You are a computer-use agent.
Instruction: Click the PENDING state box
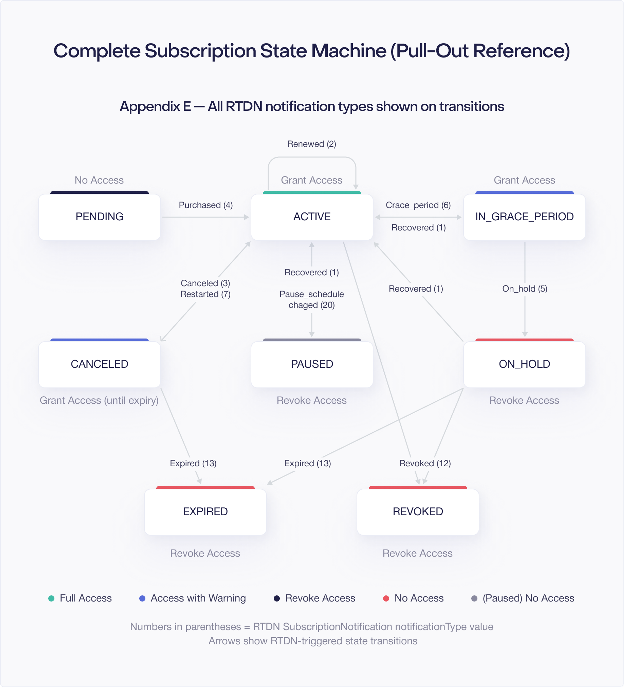(x=99, y=217)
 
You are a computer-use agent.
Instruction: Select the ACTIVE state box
(x=312, y=217)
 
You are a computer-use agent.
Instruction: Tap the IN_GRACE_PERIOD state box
(x=524, y=217)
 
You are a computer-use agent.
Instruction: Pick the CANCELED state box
(x=99, y=364)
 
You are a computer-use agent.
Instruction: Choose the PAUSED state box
(x=312, y=364)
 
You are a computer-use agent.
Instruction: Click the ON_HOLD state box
(x=524, y=364)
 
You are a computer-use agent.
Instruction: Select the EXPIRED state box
(x=205, y=512)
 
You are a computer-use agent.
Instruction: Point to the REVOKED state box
(x=418, y=512)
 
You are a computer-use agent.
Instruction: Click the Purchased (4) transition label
(x=206, y=205)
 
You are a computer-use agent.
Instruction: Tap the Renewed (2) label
(x=312, y=144)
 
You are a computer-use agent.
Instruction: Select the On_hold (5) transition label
(x=525, y=289)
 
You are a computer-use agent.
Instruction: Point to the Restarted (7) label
(x=205, y=294)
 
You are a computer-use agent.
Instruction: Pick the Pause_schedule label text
(x=312, y=294)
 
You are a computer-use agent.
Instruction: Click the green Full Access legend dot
(x=51, y=598)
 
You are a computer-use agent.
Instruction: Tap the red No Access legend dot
(x=386, y=598)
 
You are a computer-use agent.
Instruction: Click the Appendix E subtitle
(x=312, y=106)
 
